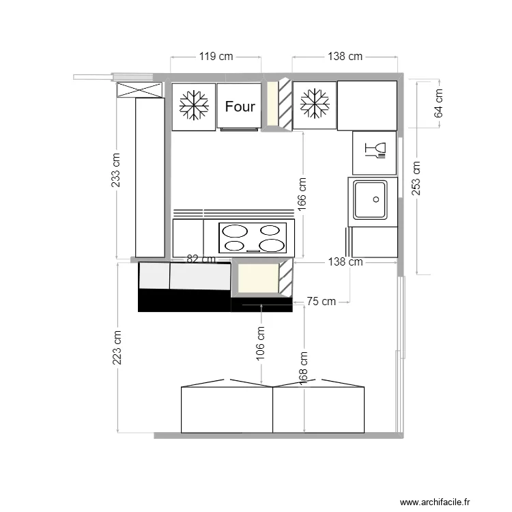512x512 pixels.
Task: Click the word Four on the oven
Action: point(240,106)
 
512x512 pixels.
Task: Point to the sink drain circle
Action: point(375,199)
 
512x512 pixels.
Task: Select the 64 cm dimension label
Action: point(438,103)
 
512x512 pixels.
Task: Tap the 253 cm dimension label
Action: point(416,177)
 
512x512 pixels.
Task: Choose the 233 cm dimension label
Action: point(117,169)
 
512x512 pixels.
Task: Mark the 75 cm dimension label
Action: point(322,301)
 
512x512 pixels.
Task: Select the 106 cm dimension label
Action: point(261,343)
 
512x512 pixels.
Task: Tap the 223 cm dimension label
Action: point(117,348)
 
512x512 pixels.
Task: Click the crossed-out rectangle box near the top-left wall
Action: point(139,89)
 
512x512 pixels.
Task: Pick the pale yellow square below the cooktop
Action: point(257,279)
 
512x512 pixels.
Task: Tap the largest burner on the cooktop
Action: point(272,245)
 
